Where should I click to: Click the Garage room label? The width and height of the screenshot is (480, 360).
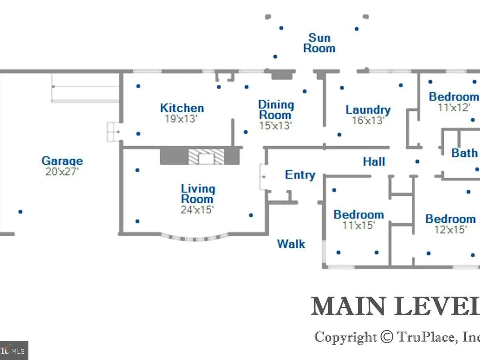62,161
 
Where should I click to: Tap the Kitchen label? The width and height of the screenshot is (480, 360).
182,108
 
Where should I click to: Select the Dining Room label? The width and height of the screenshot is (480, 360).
276,110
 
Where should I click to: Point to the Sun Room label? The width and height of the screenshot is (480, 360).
319,43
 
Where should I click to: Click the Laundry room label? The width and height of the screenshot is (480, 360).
368,110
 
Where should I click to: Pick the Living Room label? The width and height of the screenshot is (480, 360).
198,193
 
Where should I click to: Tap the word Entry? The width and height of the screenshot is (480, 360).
300,175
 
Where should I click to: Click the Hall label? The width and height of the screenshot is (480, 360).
374,162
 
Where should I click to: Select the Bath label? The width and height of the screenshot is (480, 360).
464,153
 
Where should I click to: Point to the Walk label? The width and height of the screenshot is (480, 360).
291,244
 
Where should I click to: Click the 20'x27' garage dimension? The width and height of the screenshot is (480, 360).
62,172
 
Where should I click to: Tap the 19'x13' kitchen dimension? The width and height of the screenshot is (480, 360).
181,119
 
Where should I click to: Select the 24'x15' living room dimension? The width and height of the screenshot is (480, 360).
197,210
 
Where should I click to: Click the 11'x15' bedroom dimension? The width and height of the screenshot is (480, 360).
358,225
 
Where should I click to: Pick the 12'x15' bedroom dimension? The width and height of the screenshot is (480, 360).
450,229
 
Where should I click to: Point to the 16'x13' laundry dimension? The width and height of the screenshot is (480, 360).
368,120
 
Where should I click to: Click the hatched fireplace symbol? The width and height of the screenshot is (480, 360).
206,157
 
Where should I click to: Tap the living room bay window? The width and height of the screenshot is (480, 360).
195,238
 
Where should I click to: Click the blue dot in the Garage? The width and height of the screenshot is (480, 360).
20,212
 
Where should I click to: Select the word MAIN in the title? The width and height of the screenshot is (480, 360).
349,306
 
